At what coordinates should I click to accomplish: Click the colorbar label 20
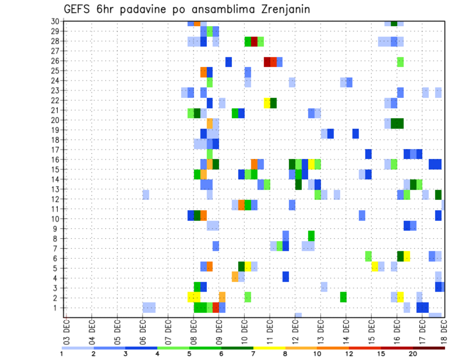(413, 354)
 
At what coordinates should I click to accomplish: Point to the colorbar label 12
(349, 354)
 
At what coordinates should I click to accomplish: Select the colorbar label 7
(253, 354)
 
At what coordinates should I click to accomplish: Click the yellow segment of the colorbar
(269, 348)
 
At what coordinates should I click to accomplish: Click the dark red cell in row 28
(254, 41)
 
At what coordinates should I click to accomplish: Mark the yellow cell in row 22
(267, 103)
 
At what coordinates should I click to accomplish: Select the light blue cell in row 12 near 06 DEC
(146, 195)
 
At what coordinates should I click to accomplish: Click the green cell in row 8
(311, 236)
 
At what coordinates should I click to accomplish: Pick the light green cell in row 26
(400, 62)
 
